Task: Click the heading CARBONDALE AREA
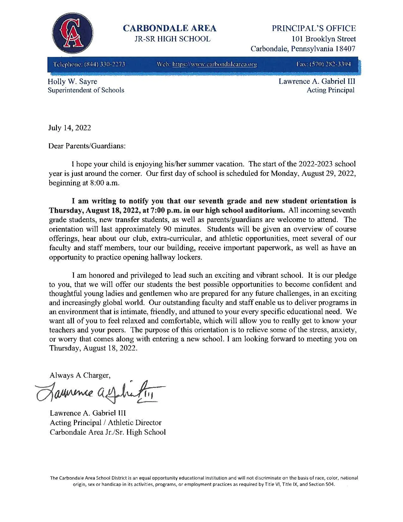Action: click(169, 28)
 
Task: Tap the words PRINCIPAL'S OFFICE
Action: click(314, 28)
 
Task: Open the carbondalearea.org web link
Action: click(214, 65)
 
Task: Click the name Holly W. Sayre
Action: click(72, 82)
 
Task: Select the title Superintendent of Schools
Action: click(86, 90)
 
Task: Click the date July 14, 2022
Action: click(69, 128)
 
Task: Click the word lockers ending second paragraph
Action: click(190, 257)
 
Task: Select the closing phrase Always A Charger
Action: click(80, 376)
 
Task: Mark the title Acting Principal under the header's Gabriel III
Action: click(331, 90)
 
